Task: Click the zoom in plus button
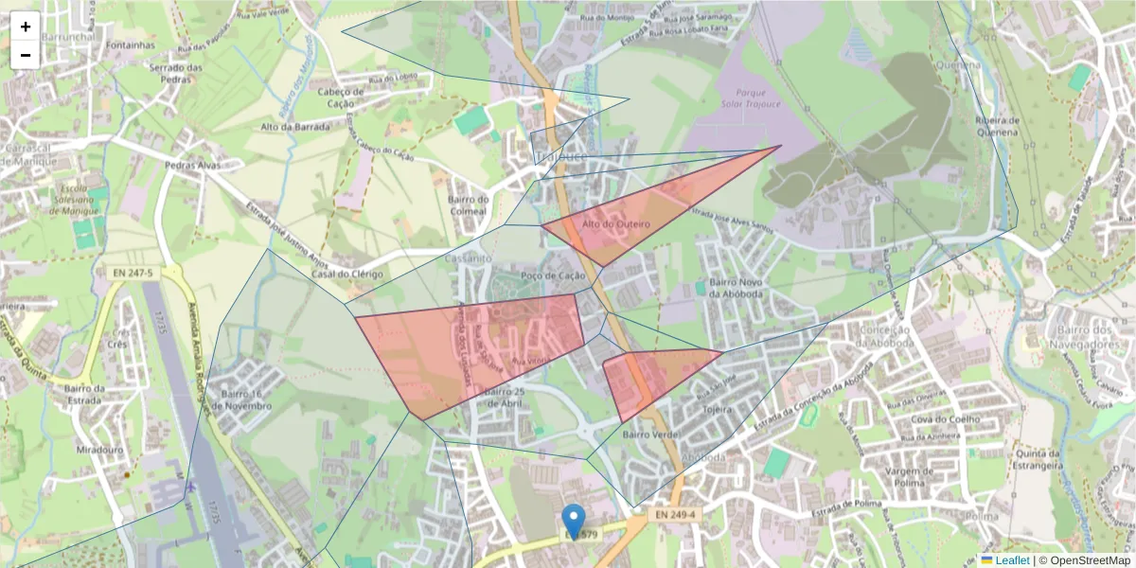[x=26, y=27]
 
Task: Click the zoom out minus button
[x=26, y=55]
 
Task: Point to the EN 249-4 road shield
[x=675, y=515]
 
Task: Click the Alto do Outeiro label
[x=615, y=224]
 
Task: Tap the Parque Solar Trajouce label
[x=751, y=98]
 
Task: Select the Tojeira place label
[x=719, y=411]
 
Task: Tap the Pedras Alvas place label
[x=192, y=165]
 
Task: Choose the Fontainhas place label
[x=131, y=44]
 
